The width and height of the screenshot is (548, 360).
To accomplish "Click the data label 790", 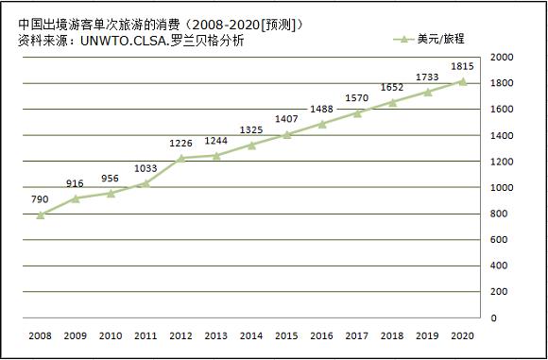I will click(39, 199).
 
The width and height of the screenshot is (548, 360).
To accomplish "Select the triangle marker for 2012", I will click(180, 159).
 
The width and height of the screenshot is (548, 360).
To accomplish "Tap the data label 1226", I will click(180, 143).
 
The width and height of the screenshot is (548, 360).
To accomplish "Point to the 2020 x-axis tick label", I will click(463, 335).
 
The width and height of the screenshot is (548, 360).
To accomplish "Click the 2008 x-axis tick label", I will click(40, 335).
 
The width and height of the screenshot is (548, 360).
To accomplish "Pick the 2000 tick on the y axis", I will click(502, 58).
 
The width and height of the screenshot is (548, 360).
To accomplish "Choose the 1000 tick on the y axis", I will click(502, 188).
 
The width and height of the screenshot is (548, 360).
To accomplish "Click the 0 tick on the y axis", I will click(493, 318).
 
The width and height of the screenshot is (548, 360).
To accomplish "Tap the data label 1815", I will click(463, 66).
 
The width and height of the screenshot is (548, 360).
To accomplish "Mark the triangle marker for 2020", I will click(463, 82).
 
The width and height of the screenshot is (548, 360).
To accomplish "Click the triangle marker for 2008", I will click(40, 215).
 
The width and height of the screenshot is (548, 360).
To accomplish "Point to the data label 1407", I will click(286, 119).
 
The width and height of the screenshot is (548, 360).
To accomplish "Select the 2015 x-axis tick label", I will click(286, 335).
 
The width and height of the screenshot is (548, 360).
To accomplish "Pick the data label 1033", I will click(145, 168).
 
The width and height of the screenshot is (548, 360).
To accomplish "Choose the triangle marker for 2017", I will click(357, 113).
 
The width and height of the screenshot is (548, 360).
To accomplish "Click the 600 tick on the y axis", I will click(499, 240).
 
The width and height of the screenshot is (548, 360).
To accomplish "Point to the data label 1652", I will click(392, 87).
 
